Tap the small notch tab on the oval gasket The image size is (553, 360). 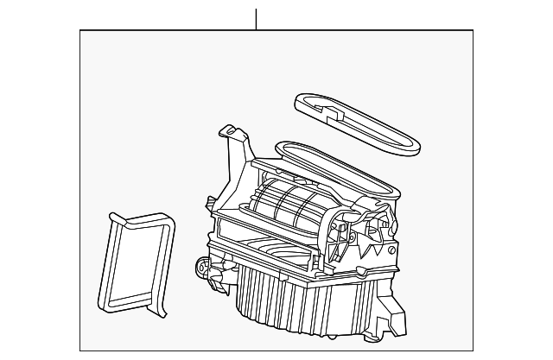[x=325, y=107]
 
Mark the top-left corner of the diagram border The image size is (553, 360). [x=80, y=30]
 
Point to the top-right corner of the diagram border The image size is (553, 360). [x=473, y=30]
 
